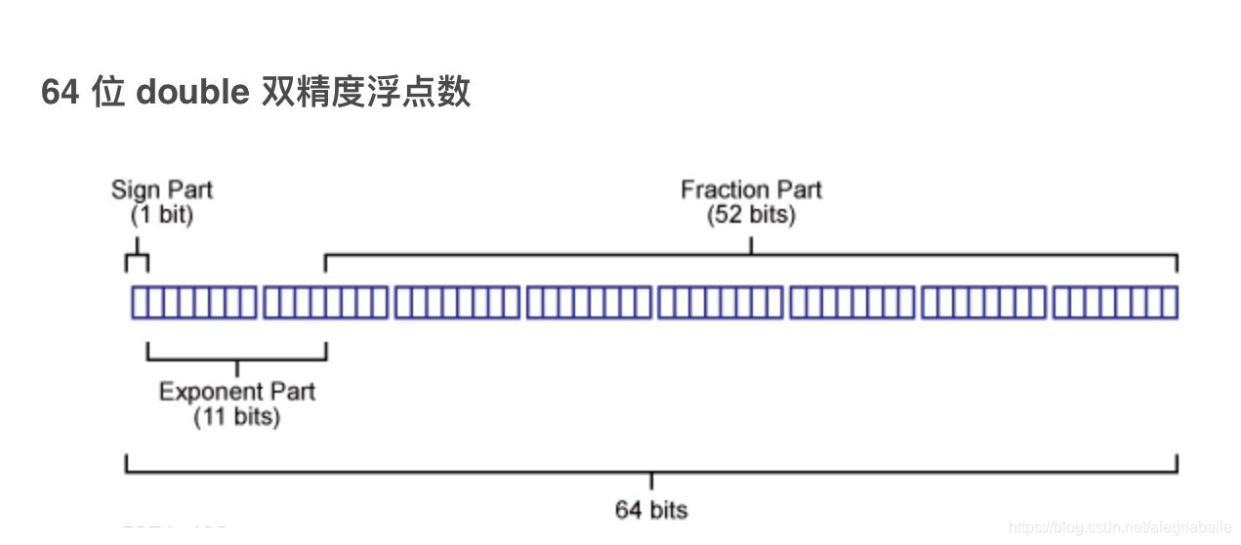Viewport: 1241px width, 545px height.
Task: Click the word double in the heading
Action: coord(192,92)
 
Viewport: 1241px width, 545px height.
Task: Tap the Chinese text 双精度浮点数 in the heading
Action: coord(366,92)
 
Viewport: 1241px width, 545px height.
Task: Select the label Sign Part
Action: coord(161,189)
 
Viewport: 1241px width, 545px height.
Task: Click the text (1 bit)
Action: coord(161,214)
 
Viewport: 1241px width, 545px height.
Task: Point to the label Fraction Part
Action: coord(751,189)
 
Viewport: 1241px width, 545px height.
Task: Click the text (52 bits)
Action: coord(751,214)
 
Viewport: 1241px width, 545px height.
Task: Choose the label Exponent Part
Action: coord(237,392)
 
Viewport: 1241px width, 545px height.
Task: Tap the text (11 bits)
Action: coord(237,417)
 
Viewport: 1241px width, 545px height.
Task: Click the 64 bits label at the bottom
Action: coord(651,509)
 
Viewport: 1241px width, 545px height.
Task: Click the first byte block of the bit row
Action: coord(194,303)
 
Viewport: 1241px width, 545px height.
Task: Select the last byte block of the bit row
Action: coord(1114,303)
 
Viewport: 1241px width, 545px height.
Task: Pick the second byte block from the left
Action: coord(325,303)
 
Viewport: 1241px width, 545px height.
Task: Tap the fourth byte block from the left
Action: coord(589,303)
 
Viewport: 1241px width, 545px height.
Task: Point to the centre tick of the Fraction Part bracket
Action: coord(751,245)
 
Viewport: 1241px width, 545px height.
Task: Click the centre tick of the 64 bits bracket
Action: coord(651,482)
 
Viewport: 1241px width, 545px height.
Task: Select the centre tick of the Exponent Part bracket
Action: coord(237,368)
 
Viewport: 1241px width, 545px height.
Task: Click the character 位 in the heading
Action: coord(107,92)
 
